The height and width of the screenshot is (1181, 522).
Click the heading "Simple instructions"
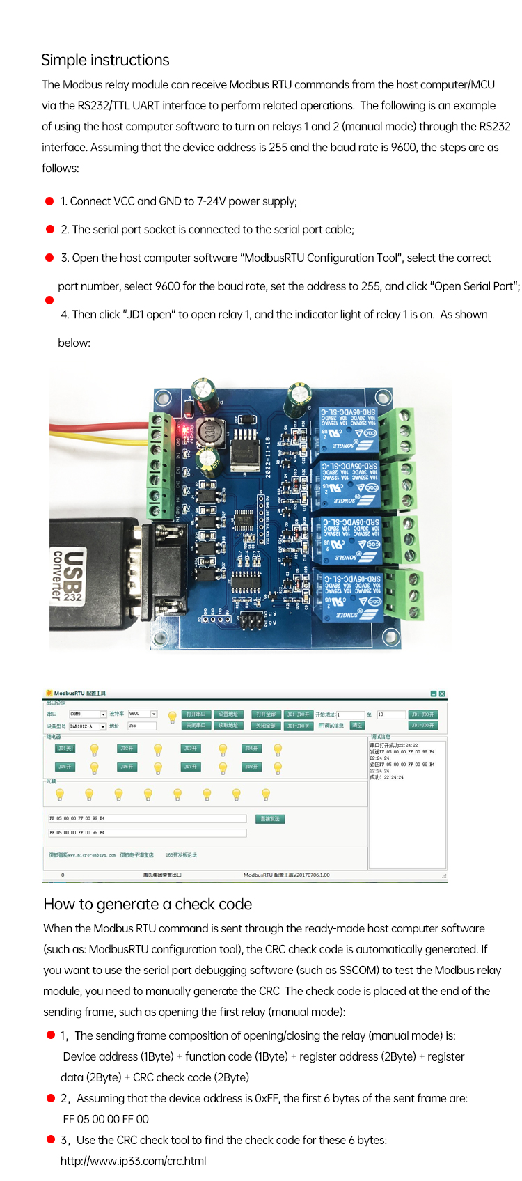[105, 60]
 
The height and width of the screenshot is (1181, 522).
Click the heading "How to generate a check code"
[148, 904]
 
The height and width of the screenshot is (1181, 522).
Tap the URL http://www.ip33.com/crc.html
[133, 1161]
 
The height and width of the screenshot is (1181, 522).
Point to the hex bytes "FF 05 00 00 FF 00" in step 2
[106, 1119]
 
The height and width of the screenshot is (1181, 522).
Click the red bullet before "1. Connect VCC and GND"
[49, 201]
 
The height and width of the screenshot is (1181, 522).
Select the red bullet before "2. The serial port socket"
[49, 229]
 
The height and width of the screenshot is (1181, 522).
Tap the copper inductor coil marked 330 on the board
[209, 432]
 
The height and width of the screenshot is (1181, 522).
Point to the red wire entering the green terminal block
[97, 423]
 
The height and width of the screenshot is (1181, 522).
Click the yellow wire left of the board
[97, 439]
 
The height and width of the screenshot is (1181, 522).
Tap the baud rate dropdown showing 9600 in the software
[143, 714]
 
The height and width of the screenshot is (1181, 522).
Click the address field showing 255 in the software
[141, 726]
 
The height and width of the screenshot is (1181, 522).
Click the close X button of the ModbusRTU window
[442, 694]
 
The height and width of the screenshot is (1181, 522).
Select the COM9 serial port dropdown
[88, 714]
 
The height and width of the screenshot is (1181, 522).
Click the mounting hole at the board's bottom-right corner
[393, 636]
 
